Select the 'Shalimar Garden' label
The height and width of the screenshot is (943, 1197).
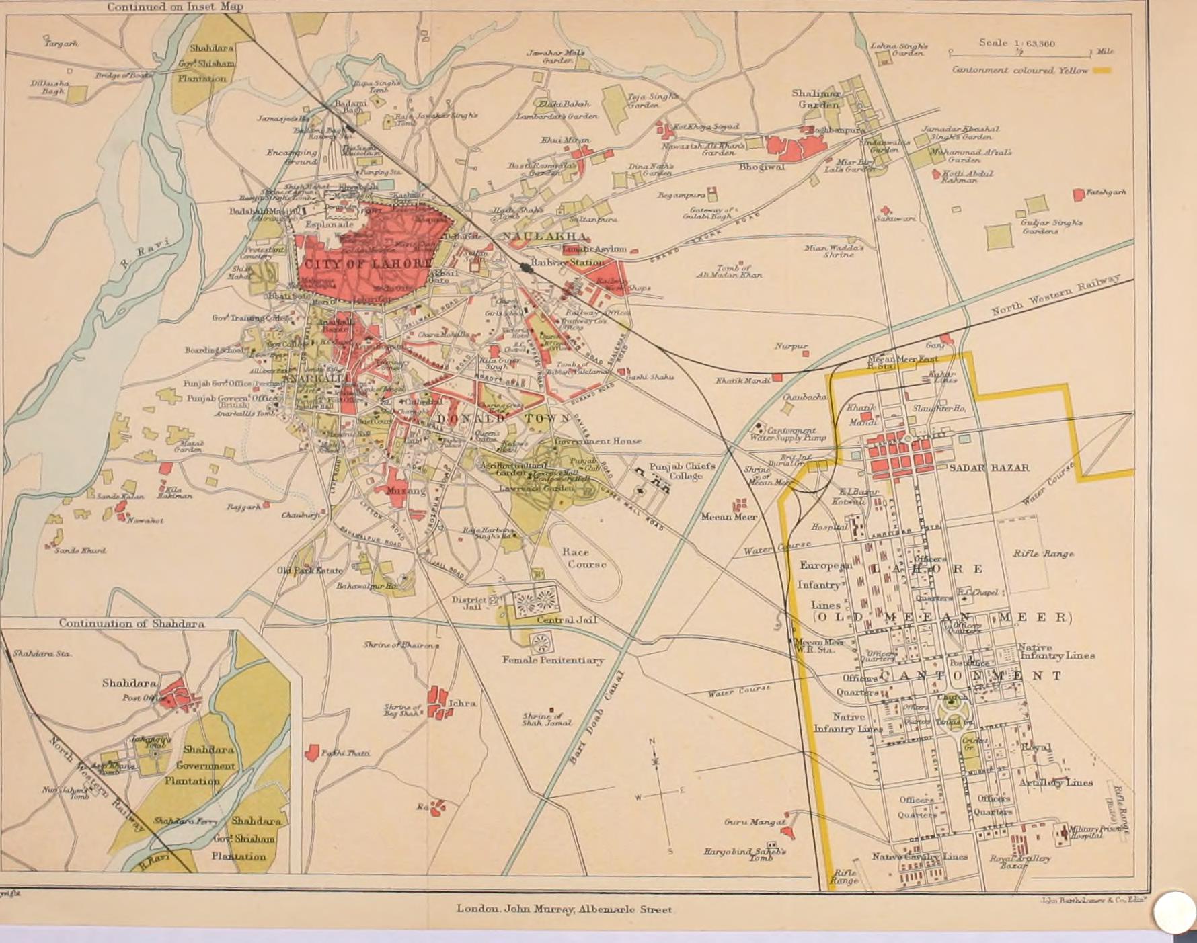[816, 99]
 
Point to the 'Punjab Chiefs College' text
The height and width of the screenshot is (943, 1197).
[682, 470]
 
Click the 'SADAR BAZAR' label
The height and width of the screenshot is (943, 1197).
[989, 468]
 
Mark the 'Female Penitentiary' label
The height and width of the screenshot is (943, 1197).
[553, 660]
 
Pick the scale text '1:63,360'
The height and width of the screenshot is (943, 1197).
[1036, 44]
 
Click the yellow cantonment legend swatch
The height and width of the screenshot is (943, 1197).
[1102, 70]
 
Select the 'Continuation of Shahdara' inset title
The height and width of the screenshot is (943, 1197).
[132, 623]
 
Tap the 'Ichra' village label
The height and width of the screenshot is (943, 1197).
[462, 703]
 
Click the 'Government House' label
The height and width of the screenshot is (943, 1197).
[597, 441]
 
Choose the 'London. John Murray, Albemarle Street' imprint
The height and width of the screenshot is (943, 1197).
[564, 909]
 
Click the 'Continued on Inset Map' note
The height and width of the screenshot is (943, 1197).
[175, 7]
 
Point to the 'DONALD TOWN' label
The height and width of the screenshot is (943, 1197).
[494, 418]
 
